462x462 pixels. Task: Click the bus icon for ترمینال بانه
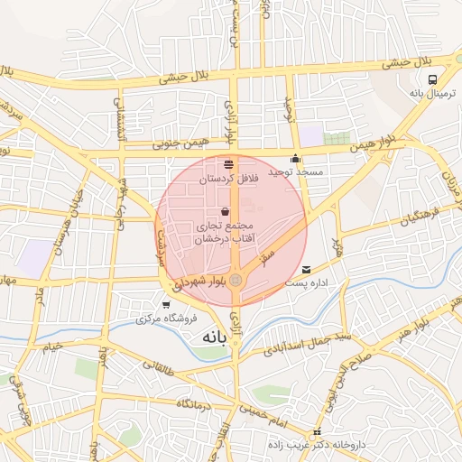(x=432, y=79)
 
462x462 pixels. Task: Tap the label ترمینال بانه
(x=429, y=93)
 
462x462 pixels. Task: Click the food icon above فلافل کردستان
(x=227, y=165)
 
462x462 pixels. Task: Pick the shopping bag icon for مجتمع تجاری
(x=225, y=212)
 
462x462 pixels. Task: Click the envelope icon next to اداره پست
(x=307, y=270)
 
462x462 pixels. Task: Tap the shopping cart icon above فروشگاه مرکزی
(x=165, y=304)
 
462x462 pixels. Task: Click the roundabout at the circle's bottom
(x=236, y=281)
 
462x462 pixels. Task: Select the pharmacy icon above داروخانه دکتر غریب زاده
(x=317, y=433)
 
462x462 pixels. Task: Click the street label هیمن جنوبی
(x=179, y=142)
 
